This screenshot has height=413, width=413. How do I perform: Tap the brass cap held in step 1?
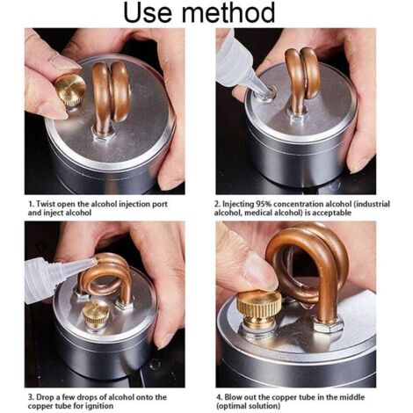coord(70,89)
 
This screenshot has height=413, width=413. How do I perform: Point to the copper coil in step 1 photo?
coord(112,94)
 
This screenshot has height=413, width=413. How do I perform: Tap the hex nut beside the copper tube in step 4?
coord(328,326)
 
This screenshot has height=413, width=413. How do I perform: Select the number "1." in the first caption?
coord(31,204)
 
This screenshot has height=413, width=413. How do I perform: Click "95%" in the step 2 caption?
coord(264,204)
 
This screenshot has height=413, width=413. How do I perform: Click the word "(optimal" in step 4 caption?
coord(231,406)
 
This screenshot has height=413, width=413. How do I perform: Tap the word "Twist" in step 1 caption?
coord(46,204)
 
